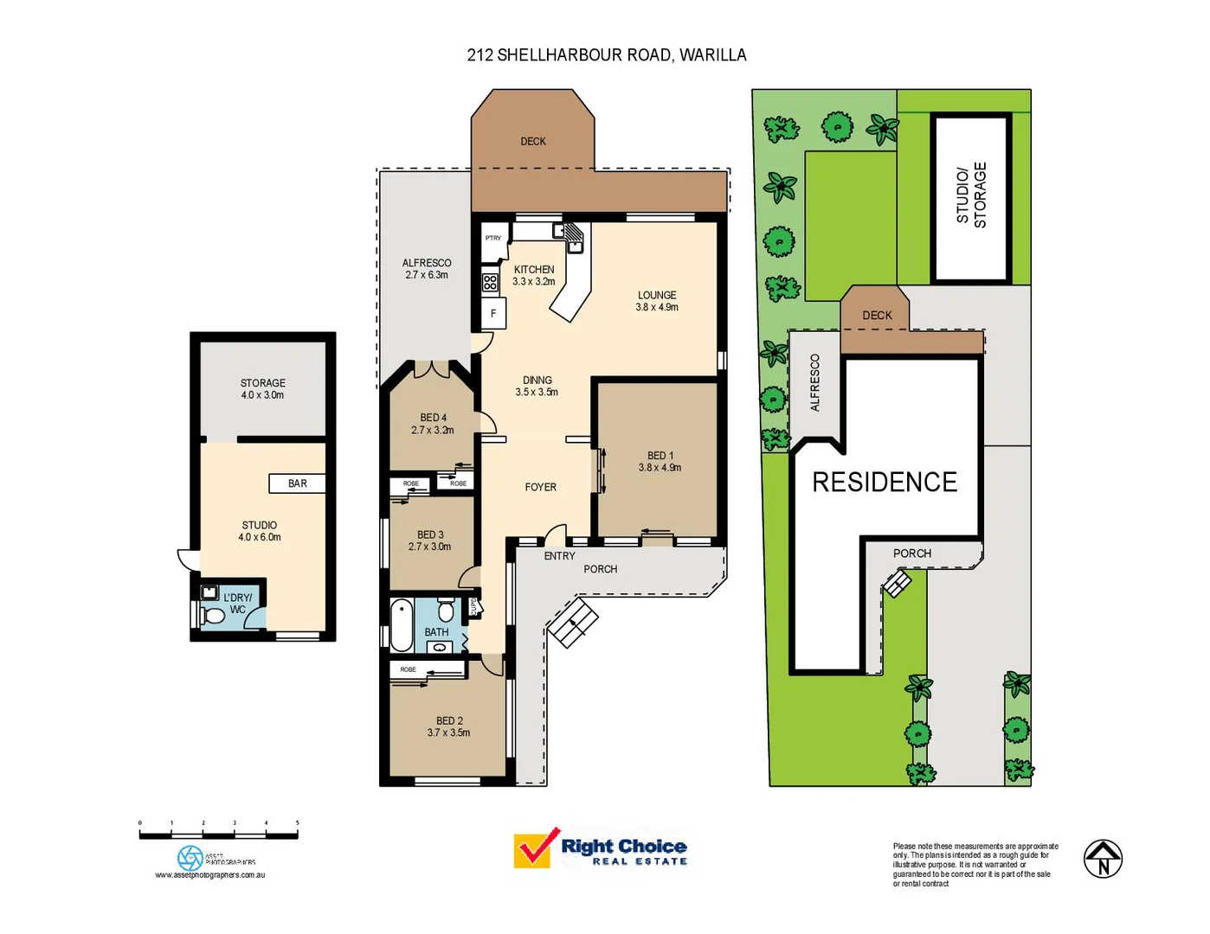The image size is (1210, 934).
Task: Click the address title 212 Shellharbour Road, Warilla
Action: (606, 55)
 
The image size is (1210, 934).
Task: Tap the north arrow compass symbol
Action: (1103, 859)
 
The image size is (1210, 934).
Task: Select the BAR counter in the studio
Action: (297, 483)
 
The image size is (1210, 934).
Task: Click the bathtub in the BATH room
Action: (402, 625)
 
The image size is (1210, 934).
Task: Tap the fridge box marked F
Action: (493, 314)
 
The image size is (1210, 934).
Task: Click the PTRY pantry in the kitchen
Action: (492, 239)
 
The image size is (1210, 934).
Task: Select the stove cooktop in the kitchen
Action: (490, 282)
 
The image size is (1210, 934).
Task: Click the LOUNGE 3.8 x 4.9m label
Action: (657, 301)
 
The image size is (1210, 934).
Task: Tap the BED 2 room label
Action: (448, 726)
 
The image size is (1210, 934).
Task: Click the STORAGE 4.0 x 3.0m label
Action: (262, 389)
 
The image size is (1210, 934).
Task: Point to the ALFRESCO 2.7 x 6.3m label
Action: (426, 269)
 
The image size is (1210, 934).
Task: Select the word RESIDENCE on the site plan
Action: (885, 483)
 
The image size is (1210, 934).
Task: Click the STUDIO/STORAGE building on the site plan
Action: (970, 197)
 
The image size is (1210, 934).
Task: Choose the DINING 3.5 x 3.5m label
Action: (537, 386)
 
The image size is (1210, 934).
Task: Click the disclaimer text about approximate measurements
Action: (975, 865)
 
